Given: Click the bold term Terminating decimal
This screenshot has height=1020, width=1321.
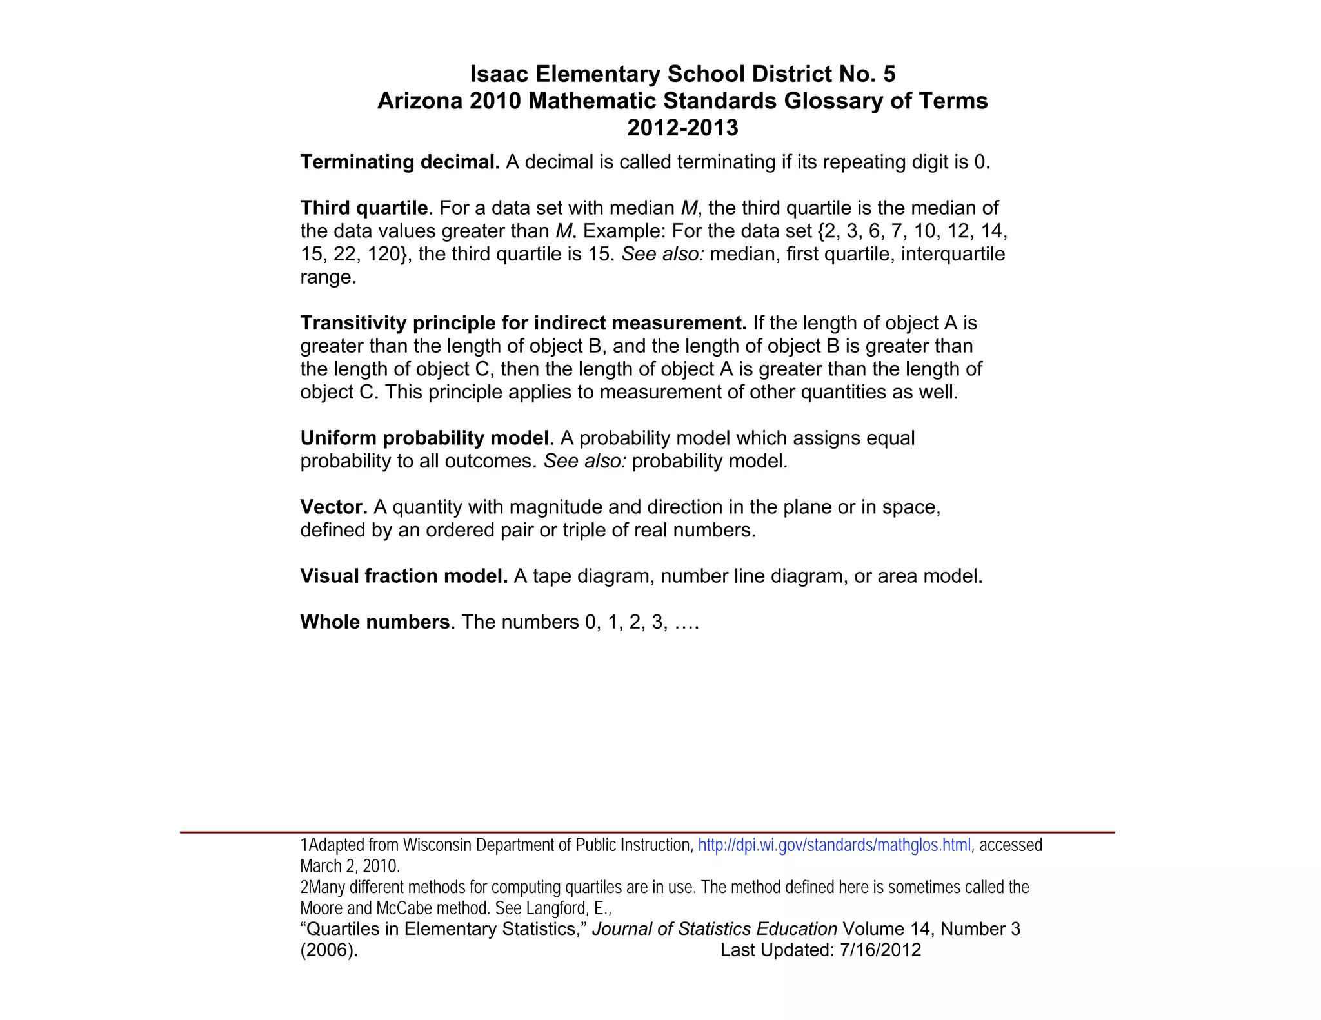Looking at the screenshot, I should pos(399,162).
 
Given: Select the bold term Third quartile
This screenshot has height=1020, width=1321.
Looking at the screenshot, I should pos(364,208).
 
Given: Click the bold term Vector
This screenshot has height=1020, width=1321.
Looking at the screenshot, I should pos(333,507).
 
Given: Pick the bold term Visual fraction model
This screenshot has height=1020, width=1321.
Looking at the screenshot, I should pos(404,576).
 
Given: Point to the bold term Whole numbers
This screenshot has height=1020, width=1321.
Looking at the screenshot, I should pos(375,622).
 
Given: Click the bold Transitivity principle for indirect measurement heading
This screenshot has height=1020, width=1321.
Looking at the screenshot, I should pos(523,323).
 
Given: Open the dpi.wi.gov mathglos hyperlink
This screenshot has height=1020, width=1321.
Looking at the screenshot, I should pos(834,845).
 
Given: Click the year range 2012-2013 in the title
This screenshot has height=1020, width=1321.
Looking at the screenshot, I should pos(682,128).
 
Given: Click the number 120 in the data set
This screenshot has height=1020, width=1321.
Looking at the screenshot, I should pos(383,254).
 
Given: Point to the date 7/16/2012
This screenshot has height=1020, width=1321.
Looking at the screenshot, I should pos(880,950).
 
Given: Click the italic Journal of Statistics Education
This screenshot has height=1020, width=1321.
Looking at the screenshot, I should pos(714,929).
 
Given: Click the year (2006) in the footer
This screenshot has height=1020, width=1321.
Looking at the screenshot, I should pos(328,950).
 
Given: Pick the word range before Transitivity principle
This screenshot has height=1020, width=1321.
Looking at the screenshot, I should pos(327,278).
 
